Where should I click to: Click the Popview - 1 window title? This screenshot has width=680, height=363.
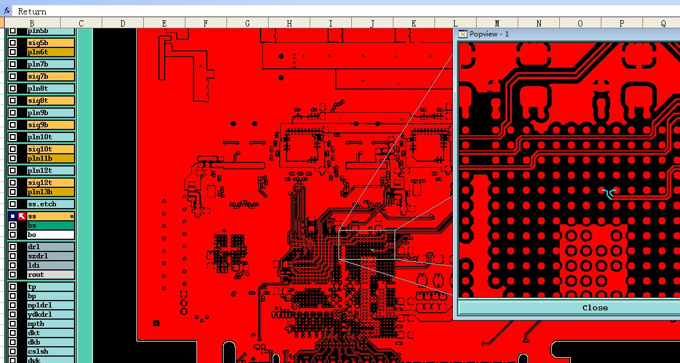pos(489,34)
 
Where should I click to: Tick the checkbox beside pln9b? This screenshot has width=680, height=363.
pos(13,113)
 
